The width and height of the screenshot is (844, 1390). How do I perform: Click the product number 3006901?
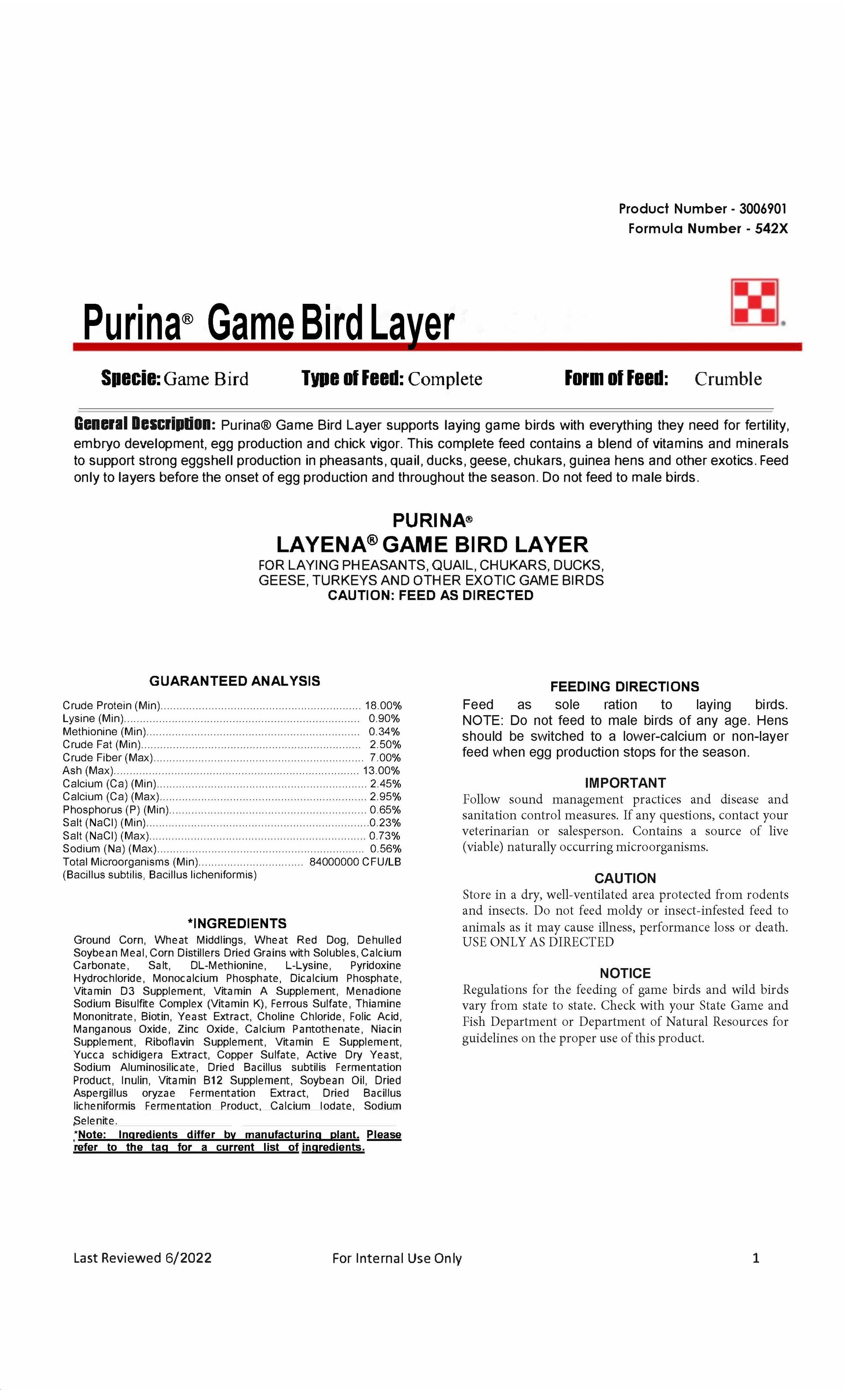(x=762, y=209)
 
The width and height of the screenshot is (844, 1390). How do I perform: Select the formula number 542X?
(x=771, y=228)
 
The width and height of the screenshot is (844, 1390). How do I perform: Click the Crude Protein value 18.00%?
(x=383, y=705)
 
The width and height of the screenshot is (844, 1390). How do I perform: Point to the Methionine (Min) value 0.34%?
(x=385, y=732)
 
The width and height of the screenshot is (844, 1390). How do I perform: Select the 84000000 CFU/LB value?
(x=355, y=862)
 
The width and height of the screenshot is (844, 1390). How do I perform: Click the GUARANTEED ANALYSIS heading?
(x=235, y=681)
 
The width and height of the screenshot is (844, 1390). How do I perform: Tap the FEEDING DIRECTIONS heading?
(x=624, y=687)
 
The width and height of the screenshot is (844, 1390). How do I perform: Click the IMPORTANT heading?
(x=625, y=783)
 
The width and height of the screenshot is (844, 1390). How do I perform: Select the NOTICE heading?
(x=625, y=973)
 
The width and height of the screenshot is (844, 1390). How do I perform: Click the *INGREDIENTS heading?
(x=237, y=923)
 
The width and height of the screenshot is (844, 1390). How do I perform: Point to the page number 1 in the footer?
(x=756, y=1258)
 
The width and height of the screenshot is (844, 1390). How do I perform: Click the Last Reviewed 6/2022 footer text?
(x=142, y=1258)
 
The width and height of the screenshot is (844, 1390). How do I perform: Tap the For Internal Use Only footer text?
(x=396, y=1258)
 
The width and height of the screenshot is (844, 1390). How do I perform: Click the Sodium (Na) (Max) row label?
(x=109, y=849)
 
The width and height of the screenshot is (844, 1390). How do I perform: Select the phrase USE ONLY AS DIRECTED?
(x=538, y=942)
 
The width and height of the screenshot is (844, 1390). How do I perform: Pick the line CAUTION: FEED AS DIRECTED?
(x=430, y=596)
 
